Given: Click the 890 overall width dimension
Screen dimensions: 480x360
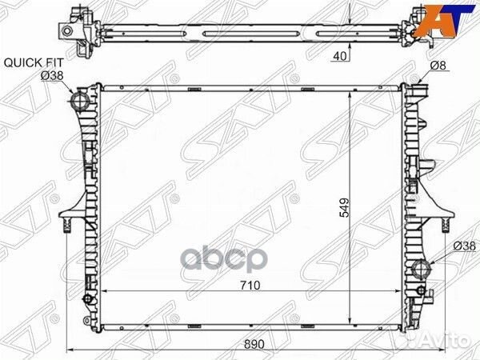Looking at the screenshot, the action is tap(254, 344).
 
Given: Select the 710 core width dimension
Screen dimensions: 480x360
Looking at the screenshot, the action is tap(250, 286).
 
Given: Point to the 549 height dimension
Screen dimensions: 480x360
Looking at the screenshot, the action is tap(344, 208).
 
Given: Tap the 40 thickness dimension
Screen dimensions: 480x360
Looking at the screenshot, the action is tap(341, 56).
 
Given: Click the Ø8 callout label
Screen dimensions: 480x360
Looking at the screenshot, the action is tap(438, 66).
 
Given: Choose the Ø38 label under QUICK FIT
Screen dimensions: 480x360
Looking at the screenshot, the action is tap(52, 76).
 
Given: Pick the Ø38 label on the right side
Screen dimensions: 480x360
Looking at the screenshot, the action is tap(464, 246).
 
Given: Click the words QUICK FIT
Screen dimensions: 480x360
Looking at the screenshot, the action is tap(34, 62).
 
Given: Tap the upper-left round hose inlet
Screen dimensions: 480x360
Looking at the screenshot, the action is tap(79, 100).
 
